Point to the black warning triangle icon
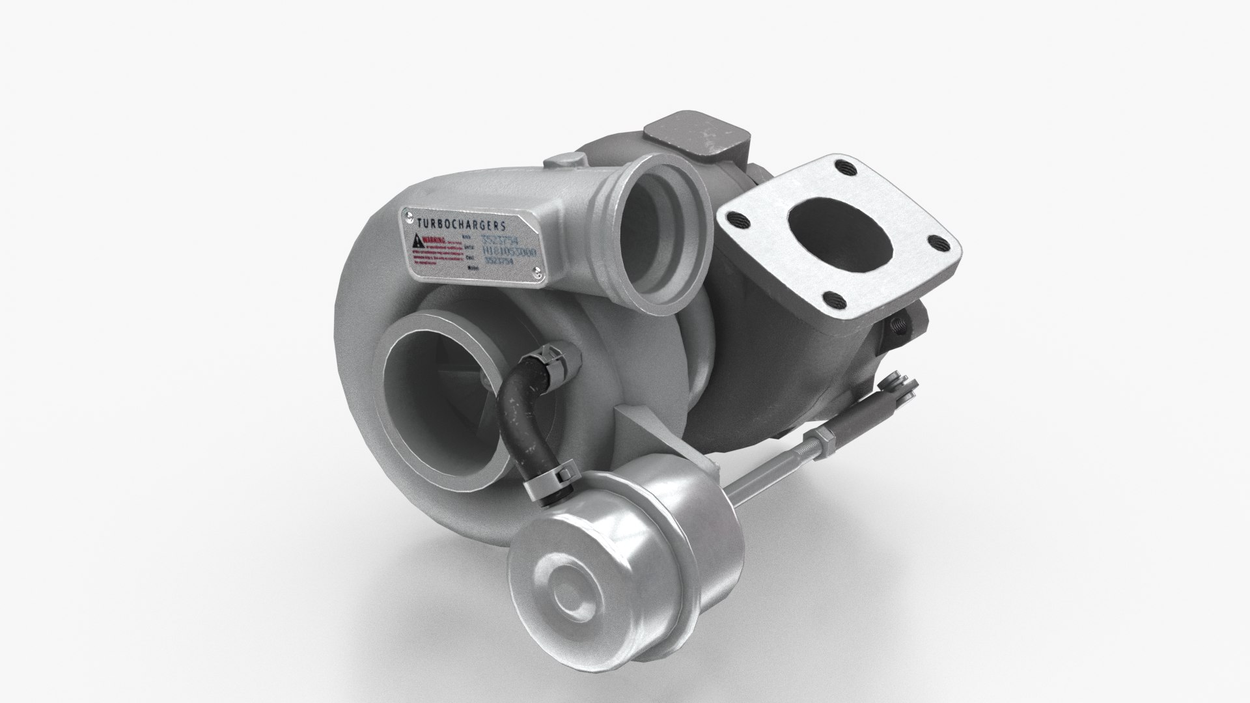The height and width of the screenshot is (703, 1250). point(415,243)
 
